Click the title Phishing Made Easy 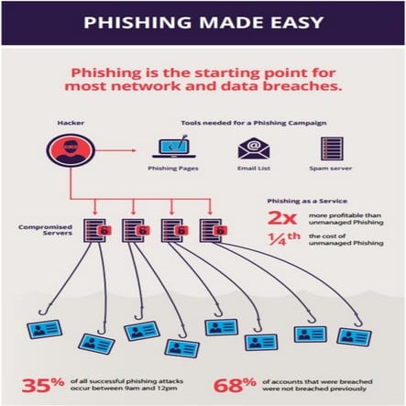(x=203, y=21)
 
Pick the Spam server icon (x=332, y=148)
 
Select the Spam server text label (x=332, y=170)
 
